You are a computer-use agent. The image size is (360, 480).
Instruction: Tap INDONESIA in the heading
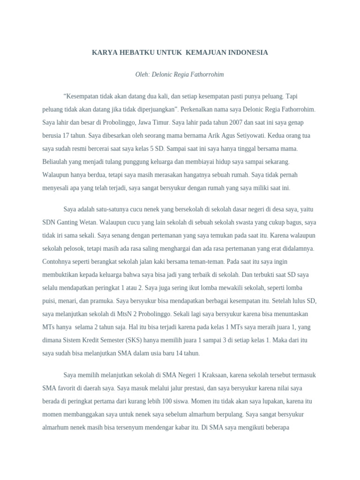(248, 52)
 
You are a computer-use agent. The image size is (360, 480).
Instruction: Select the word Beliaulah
(56, 162)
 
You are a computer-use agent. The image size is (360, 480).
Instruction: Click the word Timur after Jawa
(160, 122)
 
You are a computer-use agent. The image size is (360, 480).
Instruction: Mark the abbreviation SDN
(49, 222)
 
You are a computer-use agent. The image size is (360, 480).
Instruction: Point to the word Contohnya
(57, 261)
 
